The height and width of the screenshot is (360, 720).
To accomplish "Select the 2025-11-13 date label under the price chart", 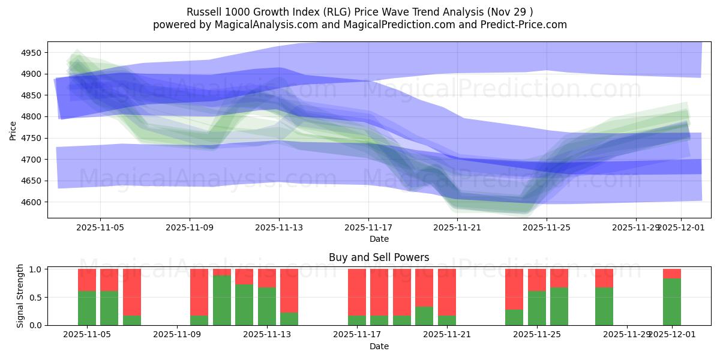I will click(279, 228).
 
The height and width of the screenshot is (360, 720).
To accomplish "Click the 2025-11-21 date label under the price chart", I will click(458, 228).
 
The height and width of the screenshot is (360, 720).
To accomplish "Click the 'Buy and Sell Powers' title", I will click(379, 257).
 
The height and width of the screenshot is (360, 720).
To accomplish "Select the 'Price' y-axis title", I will click(13, 130).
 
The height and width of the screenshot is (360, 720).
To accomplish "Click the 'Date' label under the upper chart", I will click(379, 239).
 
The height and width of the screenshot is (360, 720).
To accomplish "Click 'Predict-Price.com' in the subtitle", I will click(520, 25).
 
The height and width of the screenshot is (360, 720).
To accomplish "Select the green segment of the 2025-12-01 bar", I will click(672, 302).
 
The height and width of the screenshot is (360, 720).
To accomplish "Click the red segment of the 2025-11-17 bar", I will click(357, 292).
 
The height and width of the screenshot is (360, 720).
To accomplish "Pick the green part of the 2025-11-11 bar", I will click(222, 300).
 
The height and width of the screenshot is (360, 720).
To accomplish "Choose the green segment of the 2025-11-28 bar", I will click(604, 306).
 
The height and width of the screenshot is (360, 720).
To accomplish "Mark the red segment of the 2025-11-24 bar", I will click(514, 289).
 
